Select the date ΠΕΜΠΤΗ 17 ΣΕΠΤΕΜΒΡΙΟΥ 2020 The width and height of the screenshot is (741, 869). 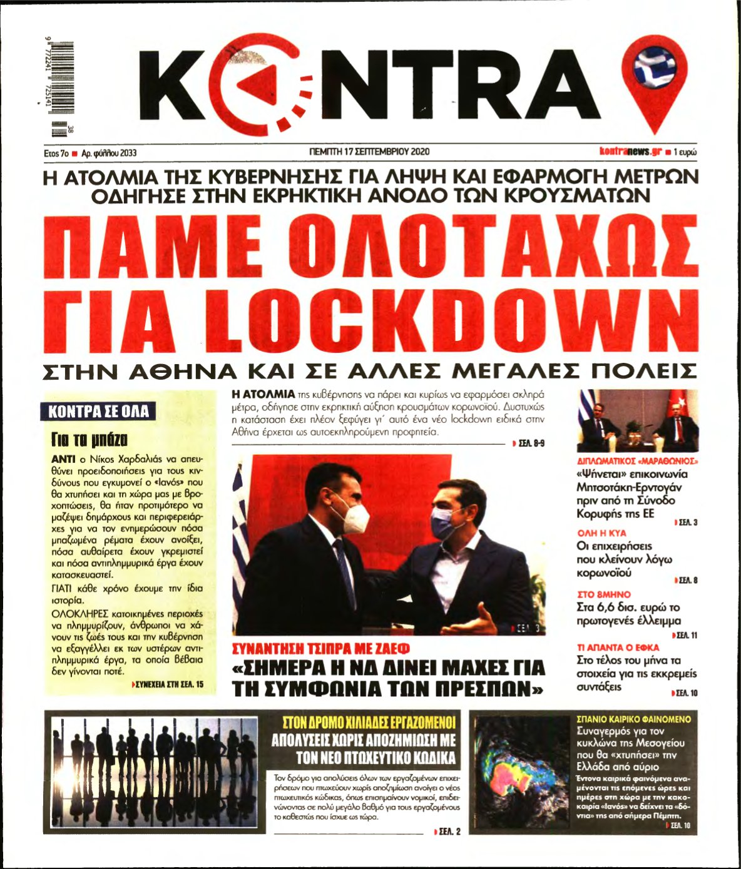[x=370, y=151]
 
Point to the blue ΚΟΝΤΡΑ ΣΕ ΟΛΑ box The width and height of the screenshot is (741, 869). [x=99, y=411]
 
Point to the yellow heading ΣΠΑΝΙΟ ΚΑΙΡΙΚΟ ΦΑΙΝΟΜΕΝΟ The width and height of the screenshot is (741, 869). [x=633, y=719]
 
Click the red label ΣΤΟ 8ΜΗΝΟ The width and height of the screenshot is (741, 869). [x=603, y=594]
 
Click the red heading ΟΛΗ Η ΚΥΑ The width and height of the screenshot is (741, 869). [x=601, y=533]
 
